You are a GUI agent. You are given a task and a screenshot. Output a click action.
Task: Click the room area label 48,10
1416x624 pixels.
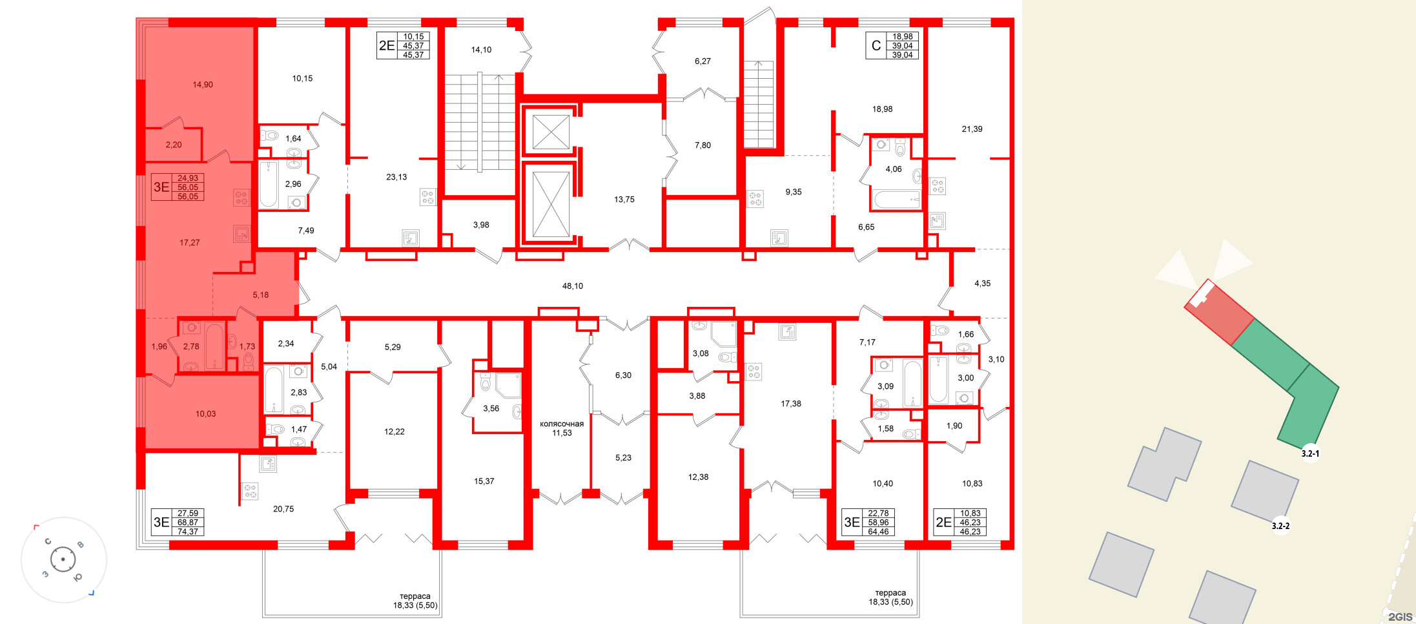572,286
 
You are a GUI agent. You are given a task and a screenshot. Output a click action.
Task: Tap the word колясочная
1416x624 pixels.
562,424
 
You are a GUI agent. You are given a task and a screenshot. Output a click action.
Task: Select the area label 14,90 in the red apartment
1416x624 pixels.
202,85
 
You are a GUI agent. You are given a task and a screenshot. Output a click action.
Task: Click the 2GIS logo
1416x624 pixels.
1400,616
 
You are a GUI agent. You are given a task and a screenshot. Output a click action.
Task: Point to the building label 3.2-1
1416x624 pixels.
1310,453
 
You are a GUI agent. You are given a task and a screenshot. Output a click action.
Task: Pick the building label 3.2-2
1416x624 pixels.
1280,526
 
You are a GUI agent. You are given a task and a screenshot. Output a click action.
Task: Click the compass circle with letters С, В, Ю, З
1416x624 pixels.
63,559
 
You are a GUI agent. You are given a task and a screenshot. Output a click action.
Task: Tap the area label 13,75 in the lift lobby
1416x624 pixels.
624,200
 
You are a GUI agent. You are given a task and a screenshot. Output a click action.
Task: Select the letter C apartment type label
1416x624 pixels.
876,46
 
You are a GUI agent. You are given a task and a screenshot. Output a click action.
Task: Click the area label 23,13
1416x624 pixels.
396,177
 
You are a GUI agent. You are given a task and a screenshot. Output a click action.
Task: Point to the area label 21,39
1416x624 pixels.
972,129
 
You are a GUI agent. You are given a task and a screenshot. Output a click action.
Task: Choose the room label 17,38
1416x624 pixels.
790,404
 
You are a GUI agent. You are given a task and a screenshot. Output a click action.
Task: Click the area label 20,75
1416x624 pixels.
283,509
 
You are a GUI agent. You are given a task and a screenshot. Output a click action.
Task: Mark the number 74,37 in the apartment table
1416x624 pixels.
188,532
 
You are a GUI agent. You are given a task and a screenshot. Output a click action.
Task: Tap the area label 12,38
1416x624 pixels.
698,477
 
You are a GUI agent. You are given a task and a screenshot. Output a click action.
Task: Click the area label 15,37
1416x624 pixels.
484,481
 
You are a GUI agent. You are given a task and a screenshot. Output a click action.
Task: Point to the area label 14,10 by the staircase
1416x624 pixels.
481,50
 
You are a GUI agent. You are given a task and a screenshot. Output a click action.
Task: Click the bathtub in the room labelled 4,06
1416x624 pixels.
896,200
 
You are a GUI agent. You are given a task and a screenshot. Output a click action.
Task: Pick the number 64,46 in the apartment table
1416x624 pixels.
878,532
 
